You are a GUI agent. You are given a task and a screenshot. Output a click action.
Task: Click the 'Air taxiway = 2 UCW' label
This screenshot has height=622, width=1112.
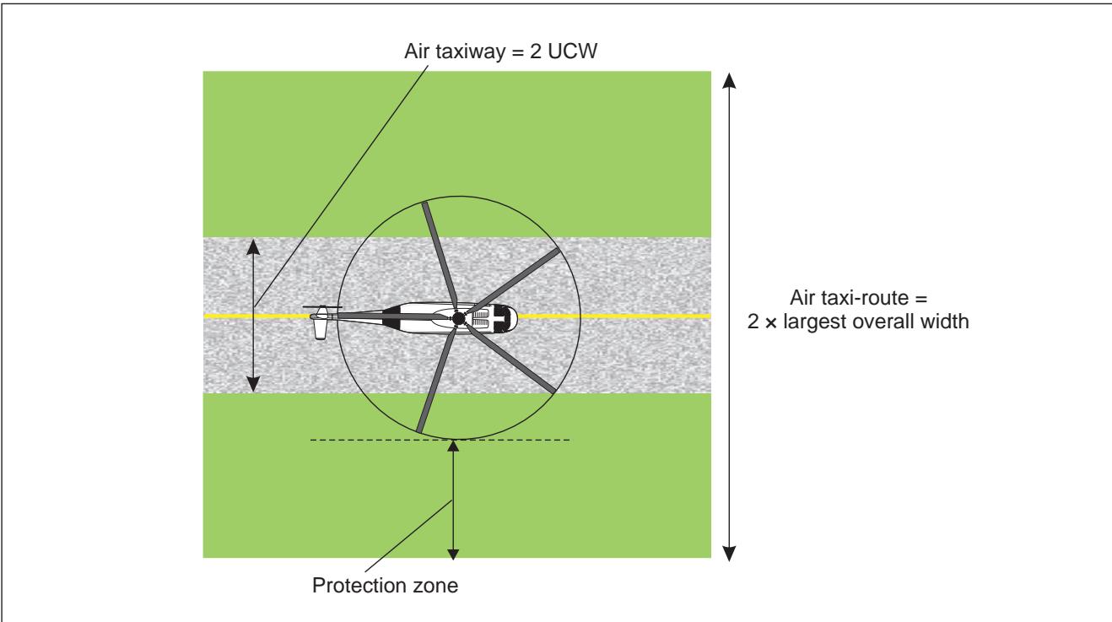(x=500, y=51)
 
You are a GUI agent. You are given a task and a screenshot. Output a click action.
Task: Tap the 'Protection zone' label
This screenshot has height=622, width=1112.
(x=385, y=585)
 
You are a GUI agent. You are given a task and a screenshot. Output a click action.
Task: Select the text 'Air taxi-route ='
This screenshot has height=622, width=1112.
(x=858, y=298)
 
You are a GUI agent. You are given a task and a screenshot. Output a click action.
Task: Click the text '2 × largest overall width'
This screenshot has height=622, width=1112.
(x=858, y=322)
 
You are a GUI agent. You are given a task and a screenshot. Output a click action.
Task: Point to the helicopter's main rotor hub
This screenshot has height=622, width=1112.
(x=459, y=318)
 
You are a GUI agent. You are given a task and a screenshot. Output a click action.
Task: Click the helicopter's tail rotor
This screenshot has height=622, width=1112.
(x=321, y=323)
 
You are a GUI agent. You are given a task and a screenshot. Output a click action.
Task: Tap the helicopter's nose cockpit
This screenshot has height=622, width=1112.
(x=505, y=317)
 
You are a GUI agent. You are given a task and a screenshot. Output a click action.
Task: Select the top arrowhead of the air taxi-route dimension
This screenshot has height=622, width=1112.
(x=729, y=80)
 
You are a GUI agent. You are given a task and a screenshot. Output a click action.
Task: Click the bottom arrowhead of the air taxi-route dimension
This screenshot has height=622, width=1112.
(x=729, y=553)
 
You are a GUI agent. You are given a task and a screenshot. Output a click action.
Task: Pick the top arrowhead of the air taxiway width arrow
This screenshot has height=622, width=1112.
(x=253, y=246)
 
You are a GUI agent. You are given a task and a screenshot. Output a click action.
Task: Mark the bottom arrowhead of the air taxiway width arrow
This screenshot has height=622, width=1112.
(x=253, y=384)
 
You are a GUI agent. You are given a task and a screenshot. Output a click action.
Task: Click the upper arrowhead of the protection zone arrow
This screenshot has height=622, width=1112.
(x=453, y=446)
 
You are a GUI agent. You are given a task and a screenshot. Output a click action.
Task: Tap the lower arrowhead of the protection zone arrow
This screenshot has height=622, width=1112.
(x=453, y=554)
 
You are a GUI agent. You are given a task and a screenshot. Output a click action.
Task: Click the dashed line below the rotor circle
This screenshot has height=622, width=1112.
(x=440, y=440)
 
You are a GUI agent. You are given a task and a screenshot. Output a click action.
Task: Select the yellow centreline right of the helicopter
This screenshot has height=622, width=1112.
(x=614, y=316)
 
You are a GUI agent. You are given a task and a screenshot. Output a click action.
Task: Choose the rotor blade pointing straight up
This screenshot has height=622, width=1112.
(x=440, y=257)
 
